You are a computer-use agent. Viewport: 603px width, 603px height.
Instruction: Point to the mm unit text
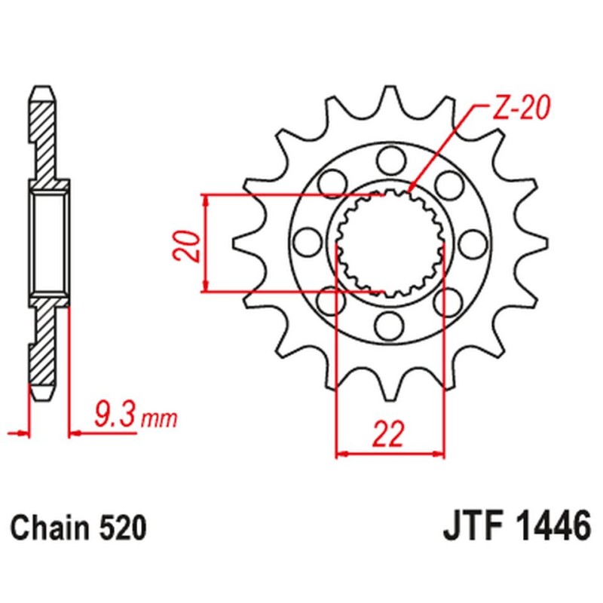tap(158, 417)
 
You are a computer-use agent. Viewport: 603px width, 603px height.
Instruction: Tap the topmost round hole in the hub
tap(390, 159)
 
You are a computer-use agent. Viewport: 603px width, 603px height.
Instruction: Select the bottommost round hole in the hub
tap(390, 325)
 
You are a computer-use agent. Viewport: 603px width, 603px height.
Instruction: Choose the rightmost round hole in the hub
tap(473, 242)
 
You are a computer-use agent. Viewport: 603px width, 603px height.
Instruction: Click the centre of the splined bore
tap(390, 242)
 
